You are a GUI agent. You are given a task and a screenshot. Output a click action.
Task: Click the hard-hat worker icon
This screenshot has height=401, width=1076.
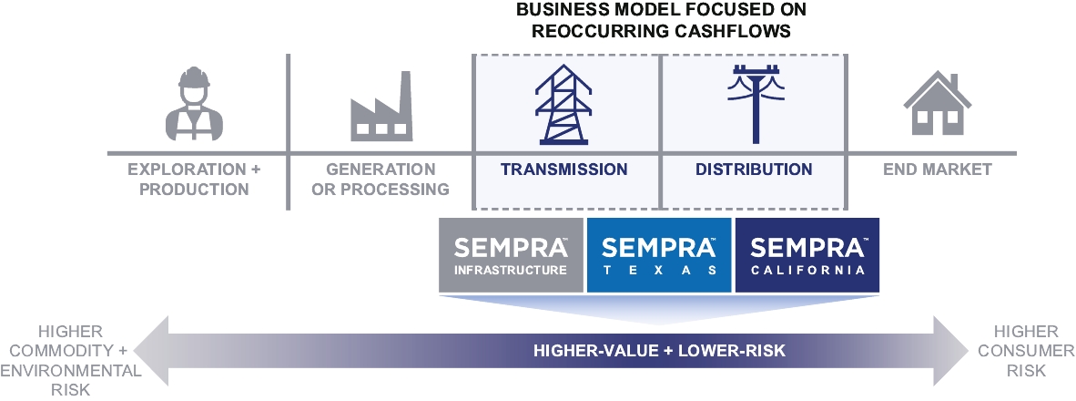pyautogui.click(x=194, y=104)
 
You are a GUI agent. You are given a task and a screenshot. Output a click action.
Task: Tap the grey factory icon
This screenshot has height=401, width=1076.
pyautogui.click(x=381, y=107)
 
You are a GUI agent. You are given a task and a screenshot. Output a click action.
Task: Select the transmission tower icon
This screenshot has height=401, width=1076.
pyautogui.click(x=563, y=105)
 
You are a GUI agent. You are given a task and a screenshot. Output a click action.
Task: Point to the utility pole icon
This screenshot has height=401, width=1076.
pyautogui.click(x=756, y=105)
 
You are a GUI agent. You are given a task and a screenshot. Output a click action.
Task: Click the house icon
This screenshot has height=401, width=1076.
pyautogui.click(x=938, y=103)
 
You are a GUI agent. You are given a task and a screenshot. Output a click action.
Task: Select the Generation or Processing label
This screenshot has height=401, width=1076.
pyautogui.click(x=381, y=180)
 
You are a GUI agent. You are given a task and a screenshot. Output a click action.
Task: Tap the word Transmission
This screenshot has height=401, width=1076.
pyautogui.click(x=563, y=169)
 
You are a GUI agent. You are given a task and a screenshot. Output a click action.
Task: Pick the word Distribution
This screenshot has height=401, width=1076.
pyautogui.click(x=754, y=169)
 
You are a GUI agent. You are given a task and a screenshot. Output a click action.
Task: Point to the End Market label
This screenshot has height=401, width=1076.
pyautogui.click(x=938, y=169)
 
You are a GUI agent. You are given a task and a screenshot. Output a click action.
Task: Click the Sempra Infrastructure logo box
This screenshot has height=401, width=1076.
pyautogui.click(x=511, y=255)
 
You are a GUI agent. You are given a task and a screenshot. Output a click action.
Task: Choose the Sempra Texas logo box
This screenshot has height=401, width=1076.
pyautogui.click(x=659, y=255)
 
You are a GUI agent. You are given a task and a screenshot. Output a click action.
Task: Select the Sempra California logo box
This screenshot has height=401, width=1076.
pyautogui.click(x=807, y=255)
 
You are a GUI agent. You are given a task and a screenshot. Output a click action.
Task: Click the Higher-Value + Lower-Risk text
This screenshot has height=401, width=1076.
pyautogui.click(x=659, y=351)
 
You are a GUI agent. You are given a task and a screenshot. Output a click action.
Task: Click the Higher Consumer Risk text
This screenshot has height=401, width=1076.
pyautogui.click(x=1026, y=351)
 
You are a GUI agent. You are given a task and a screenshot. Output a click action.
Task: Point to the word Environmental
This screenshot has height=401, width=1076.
pyautogui.click(x=71, y=371)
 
